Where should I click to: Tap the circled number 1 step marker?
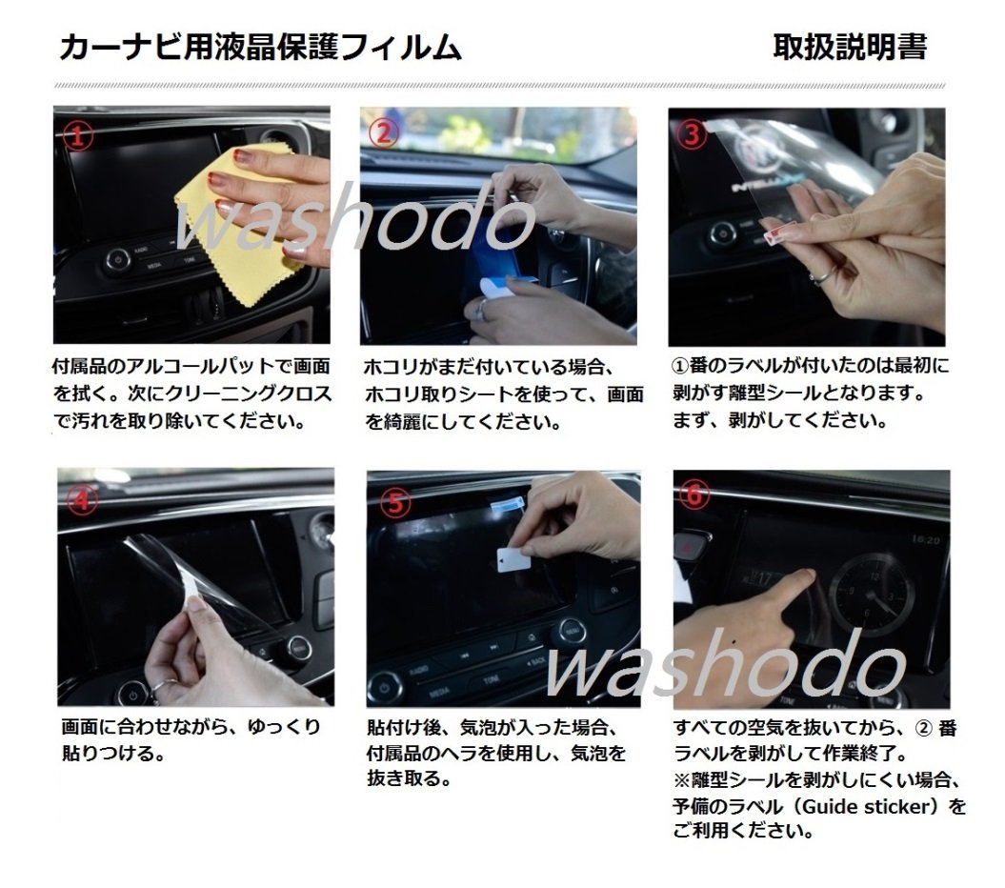coord(78,135)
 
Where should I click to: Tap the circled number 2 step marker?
coord(384,134)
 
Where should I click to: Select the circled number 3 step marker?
coord(693,134)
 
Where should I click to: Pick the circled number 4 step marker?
coord(84,498)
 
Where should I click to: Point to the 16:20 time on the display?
coord(924,539)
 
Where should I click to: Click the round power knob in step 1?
coord(117,259)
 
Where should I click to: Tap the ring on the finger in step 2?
coord(482,310)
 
